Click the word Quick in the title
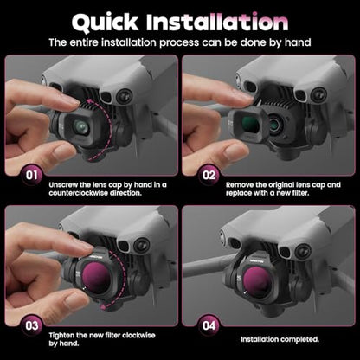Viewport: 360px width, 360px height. (x=106, y=22)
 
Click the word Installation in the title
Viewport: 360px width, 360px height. (x=217, y=22)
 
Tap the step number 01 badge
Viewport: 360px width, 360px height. (x=32, y=175)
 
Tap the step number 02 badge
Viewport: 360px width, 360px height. (x=209, y=175)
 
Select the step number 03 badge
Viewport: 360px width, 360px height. (x=32, y=325)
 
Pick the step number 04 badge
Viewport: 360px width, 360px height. (x=209, y=325)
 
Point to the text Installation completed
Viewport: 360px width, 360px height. (x=280, y=339)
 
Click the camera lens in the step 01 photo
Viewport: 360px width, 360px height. (x=80, y=127)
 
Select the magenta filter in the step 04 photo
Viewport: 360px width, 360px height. (x=256, y=280)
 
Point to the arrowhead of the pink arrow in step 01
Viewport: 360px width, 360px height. (x=91, y=101)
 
